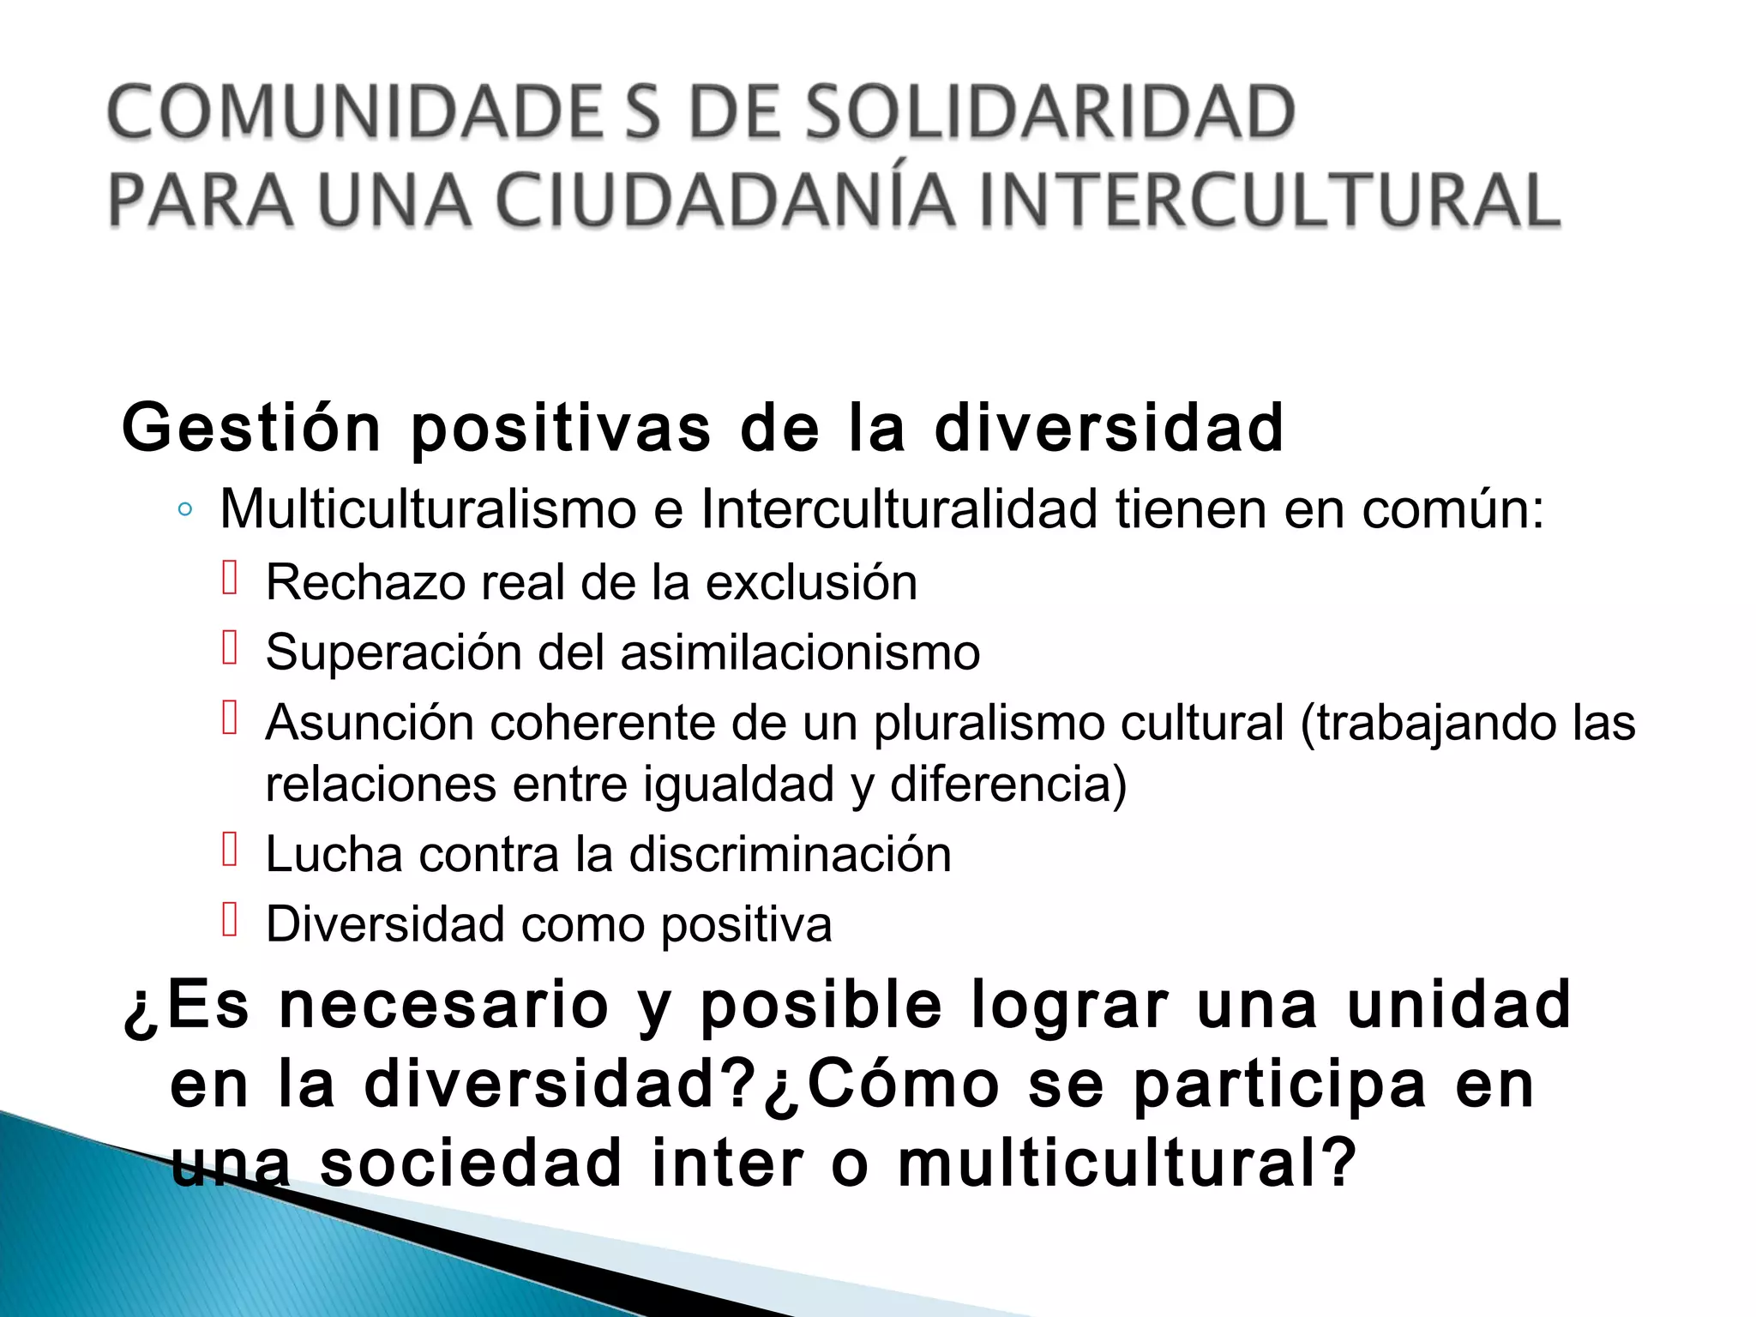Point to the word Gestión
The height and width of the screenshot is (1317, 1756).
click(x=251, y=429)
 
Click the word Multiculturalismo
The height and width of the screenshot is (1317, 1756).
click(x=428, y=509)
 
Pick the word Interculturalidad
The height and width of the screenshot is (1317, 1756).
click(x=899, y=509)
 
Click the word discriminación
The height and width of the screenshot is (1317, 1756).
click(x=790, y=855)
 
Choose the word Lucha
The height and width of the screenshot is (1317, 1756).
click(x=334, y=855)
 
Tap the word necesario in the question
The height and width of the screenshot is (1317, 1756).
click(x=443, y=1005)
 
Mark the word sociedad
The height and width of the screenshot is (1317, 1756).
click(x=471, y=1164)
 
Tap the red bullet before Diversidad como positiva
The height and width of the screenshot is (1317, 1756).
click(x=229, y=920)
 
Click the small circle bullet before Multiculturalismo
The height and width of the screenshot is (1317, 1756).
click(x=184, y=511)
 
